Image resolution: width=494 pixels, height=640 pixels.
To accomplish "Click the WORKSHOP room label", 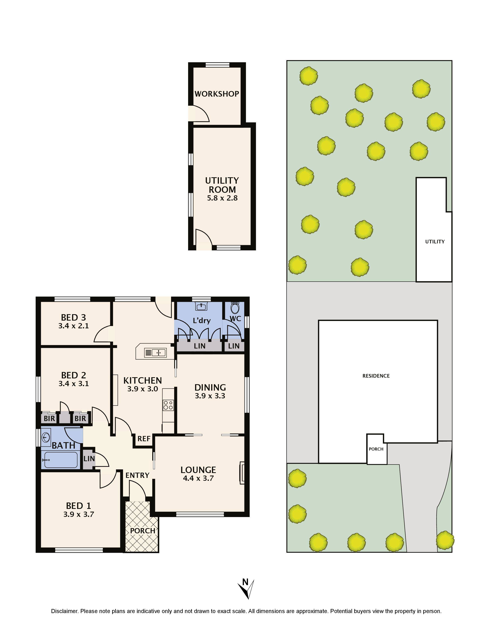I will point(217,94).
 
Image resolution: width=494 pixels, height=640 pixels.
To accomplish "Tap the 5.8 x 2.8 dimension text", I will point(222,198).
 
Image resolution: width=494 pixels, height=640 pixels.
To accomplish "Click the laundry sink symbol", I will point(201,306).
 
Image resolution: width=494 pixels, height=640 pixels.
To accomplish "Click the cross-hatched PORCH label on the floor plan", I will point(143,531).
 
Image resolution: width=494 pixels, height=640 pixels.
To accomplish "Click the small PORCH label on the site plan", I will point(376,449).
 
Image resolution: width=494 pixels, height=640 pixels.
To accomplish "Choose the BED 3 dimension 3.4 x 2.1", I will point(73,326).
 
